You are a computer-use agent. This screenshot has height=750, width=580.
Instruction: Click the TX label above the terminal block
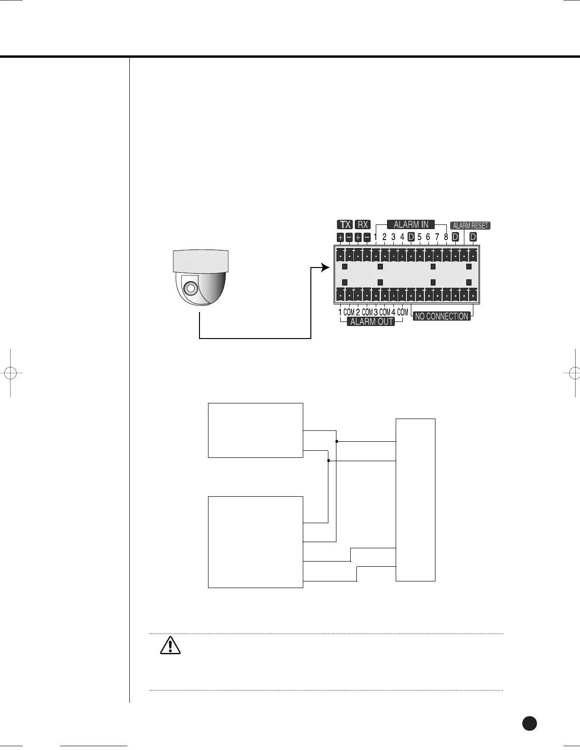click(x=345, y=225)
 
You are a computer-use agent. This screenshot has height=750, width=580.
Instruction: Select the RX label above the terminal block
click(x=362, y=225)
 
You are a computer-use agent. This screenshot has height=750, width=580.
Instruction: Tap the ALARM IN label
click(x=411, y=224)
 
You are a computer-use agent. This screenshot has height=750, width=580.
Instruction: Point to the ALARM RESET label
click(x=470, y=226)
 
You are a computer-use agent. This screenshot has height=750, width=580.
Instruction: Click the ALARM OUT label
click(x=372, y=322)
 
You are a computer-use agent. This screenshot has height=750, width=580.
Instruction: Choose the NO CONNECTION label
click(x=442, y=316)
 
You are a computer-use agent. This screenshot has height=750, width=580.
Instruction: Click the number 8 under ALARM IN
click(x=446, y=237)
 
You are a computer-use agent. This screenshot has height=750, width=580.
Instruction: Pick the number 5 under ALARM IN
click(x=420, y=237)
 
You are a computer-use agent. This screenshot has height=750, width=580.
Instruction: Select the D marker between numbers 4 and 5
click(x=411, y=237)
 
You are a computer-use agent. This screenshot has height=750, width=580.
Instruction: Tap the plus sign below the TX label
click(x=341, y=237)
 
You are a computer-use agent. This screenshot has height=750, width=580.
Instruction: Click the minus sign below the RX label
click(x=367, y=237)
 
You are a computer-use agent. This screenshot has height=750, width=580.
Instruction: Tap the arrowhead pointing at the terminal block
click(x=325, y=268)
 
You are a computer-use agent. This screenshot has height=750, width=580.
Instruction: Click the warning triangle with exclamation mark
click(x=170, y=645)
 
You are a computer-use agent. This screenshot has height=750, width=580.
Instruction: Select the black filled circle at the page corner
click(x=529, y=723)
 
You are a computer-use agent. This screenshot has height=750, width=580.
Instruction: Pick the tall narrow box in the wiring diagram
click(x=415, y=500)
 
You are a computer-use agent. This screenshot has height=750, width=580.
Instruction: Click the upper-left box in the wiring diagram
click(x=255, y=430)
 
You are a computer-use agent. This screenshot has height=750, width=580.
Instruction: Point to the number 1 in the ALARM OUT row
click(x=340, y=312)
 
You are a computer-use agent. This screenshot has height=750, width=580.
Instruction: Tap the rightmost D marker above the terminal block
click(x=472, y=237)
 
